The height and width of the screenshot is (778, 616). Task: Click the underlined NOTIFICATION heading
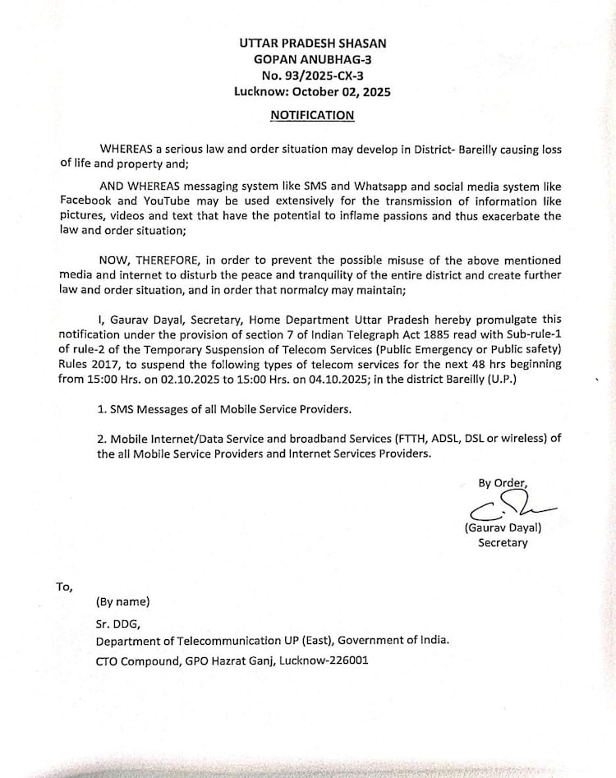click(x=312, y=115)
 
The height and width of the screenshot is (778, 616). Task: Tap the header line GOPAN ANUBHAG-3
click(x=312, y=59)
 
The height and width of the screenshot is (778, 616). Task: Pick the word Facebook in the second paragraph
click(x=87, y=201)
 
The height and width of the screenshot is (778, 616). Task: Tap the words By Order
click(x=503, y=482)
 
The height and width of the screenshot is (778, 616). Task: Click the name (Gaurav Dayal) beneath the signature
click(x=503, y=528)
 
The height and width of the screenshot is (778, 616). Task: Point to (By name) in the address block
click(x=123, y=601)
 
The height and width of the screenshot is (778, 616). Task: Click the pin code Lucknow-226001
click(x=310, y=660)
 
